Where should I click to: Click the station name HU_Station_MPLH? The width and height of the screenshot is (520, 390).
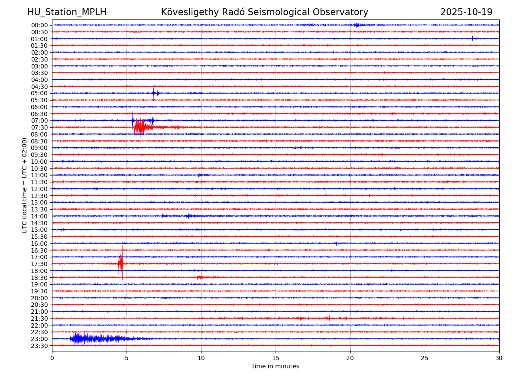point(67,12)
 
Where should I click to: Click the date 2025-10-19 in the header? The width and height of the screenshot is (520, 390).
point(466,12)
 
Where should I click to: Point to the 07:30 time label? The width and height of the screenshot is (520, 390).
point(39,127)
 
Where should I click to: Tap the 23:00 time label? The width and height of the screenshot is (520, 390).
point(39,339)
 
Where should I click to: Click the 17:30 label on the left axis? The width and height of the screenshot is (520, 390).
point(39,264)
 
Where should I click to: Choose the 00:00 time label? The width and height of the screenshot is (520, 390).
point(39,25)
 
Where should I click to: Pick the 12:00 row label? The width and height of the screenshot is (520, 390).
point(39,189)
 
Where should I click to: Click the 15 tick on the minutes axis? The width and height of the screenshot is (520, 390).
point(276,358)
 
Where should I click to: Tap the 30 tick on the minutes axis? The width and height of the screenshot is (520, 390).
point(499,358)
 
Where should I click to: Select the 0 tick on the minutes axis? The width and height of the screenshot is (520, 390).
point(52,358)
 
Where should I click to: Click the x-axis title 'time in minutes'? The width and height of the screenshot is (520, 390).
point(276,366)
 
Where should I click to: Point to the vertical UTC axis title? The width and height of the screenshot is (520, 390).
point(25,185)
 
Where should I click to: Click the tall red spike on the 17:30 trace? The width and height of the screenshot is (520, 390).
point(121,263)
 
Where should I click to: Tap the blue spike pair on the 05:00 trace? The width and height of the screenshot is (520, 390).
point(155,93)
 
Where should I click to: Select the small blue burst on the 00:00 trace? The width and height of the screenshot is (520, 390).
point(356,25)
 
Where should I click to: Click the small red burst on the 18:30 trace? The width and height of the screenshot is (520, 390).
point(199,277)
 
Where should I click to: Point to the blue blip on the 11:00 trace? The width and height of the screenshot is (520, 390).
point(199,175)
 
